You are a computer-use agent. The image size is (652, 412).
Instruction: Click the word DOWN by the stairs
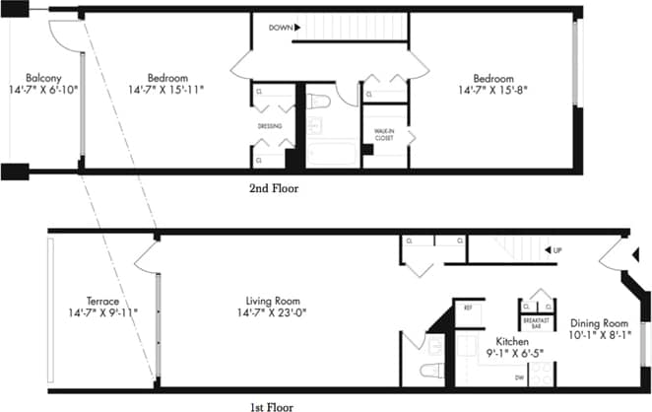[x=281, y=29]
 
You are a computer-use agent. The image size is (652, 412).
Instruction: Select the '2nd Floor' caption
[x=274, y=187]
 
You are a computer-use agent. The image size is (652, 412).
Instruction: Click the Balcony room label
[x=44, y=77]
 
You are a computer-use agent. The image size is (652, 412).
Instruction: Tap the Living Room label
[x=273, y=301]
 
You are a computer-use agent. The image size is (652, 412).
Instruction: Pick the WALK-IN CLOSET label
[x=384, y=134]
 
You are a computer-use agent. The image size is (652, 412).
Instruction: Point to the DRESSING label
[x=270, y=126]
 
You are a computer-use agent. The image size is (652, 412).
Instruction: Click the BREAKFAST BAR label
[x=537, y=322]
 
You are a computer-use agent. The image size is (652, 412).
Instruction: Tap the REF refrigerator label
[x=468, y=308]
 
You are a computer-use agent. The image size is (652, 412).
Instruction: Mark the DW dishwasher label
[x=490, y=378]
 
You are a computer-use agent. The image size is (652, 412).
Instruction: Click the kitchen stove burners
[x=540, y=376]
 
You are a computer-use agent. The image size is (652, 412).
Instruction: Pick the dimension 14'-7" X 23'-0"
[x=273, y=313]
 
